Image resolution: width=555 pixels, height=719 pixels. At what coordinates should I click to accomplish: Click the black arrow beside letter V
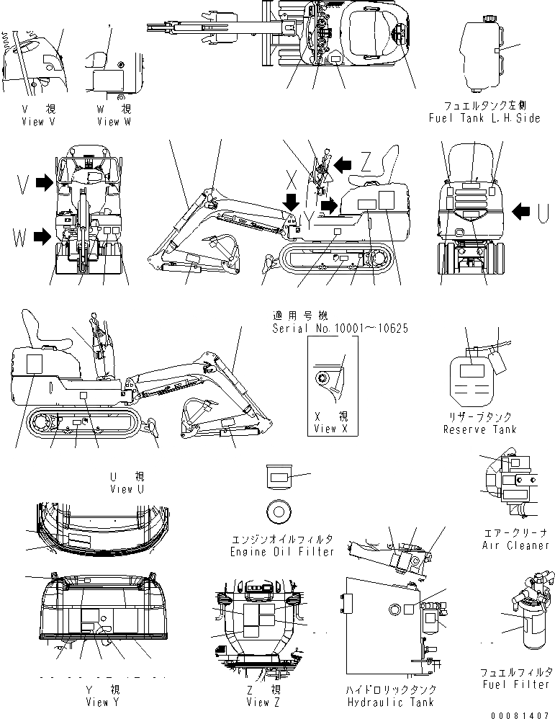[44, 184]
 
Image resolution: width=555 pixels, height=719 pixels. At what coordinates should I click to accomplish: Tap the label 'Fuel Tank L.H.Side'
[483, 118]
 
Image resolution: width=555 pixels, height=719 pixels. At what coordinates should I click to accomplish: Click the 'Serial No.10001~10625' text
[340, 328]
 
